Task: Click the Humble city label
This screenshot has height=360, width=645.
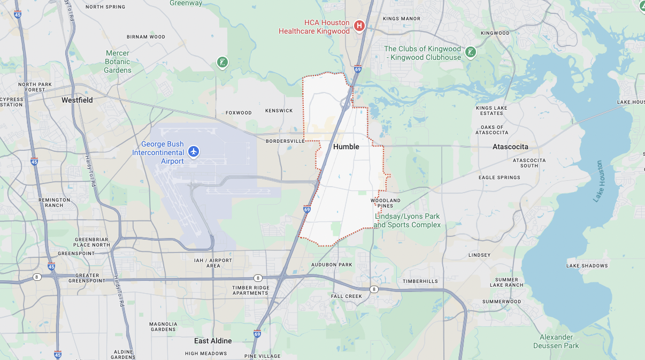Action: point(346,147)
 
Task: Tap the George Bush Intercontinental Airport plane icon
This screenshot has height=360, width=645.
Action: point(194,152)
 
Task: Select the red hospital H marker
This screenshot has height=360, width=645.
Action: point(359,25)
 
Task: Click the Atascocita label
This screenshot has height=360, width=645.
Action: point(510,147)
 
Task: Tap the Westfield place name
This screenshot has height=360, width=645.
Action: point(77,100)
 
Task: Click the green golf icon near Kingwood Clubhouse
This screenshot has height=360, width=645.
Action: point(470,52)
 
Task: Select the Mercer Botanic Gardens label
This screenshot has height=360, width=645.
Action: point(118,62)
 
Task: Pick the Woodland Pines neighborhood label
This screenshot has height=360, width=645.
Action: point(385,203)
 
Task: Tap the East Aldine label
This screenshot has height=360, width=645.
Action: point(213,341)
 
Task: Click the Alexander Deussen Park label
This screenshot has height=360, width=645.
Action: point(556,341)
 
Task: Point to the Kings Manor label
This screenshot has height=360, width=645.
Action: point(402,19)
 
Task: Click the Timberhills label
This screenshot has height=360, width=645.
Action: point(420,281)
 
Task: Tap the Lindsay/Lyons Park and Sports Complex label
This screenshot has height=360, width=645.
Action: point(407,220)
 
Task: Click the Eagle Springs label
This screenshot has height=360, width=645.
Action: point(500,178)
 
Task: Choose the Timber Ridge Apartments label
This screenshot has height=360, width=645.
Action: point(251,290)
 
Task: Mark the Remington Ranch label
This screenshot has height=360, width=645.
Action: point(54,202)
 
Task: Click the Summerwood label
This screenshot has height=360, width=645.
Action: point(502,302)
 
